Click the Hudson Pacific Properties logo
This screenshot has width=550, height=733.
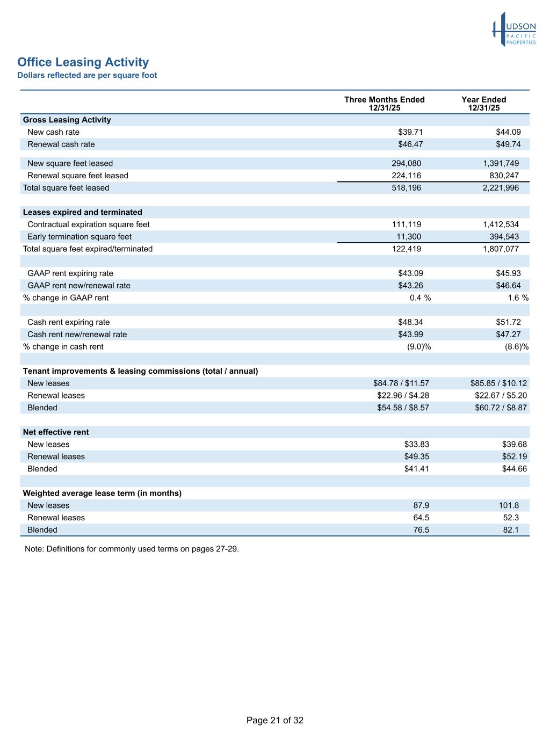514,30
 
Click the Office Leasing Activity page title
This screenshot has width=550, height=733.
83,62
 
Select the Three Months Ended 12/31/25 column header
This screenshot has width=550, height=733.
384,104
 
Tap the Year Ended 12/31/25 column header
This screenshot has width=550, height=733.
483,104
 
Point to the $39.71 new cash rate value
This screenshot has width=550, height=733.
410,132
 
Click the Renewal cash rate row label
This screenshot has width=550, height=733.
61,144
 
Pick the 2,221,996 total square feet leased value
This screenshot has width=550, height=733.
501,188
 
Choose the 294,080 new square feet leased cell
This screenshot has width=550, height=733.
406,163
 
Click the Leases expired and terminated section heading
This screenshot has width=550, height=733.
82,212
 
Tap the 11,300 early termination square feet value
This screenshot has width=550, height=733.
409,237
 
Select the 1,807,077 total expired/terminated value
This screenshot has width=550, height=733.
501,249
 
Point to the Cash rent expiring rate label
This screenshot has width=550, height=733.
68,322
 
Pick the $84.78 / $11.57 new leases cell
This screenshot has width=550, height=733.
401,383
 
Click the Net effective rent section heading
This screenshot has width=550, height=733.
56,432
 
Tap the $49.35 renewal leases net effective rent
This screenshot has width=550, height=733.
416,457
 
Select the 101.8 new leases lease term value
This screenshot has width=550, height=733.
509,506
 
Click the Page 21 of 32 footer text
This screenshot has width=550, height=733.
275,721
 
